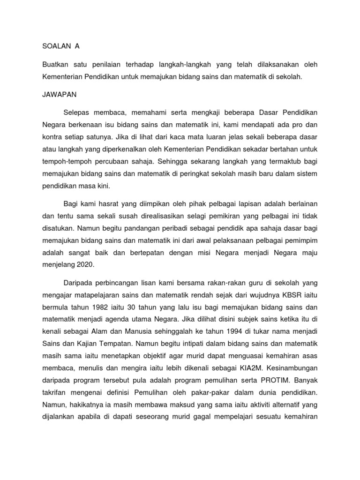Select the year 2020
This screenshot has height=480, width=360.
click(x=84, y=264)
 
